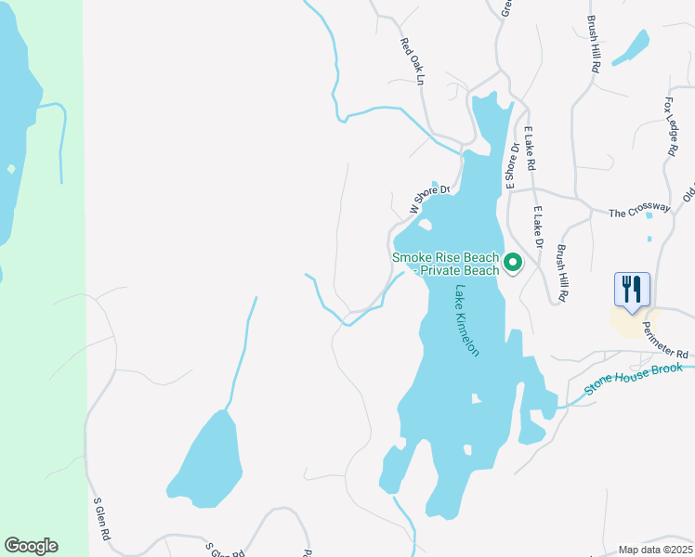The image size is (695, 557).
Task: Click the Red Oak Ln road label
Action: [x=412, y=62]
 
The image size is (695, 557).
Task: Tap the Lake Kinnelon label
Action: [x=466, y=321]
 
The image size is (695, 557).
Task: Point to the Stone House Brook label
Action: [x=634, y=379]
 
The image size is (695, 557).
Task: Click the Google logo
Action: [x=31, y=546]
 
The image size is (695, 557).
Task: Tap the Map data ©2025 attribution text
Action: [x=654, y=550]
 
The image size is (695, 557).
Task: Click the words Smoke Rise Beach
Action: [x=445, y=257]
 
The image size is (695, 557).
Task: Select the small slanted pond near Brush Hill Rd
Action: [x=632, y=46]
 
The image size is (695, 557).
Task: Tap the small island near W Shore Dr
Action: [x=424, y=224]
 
